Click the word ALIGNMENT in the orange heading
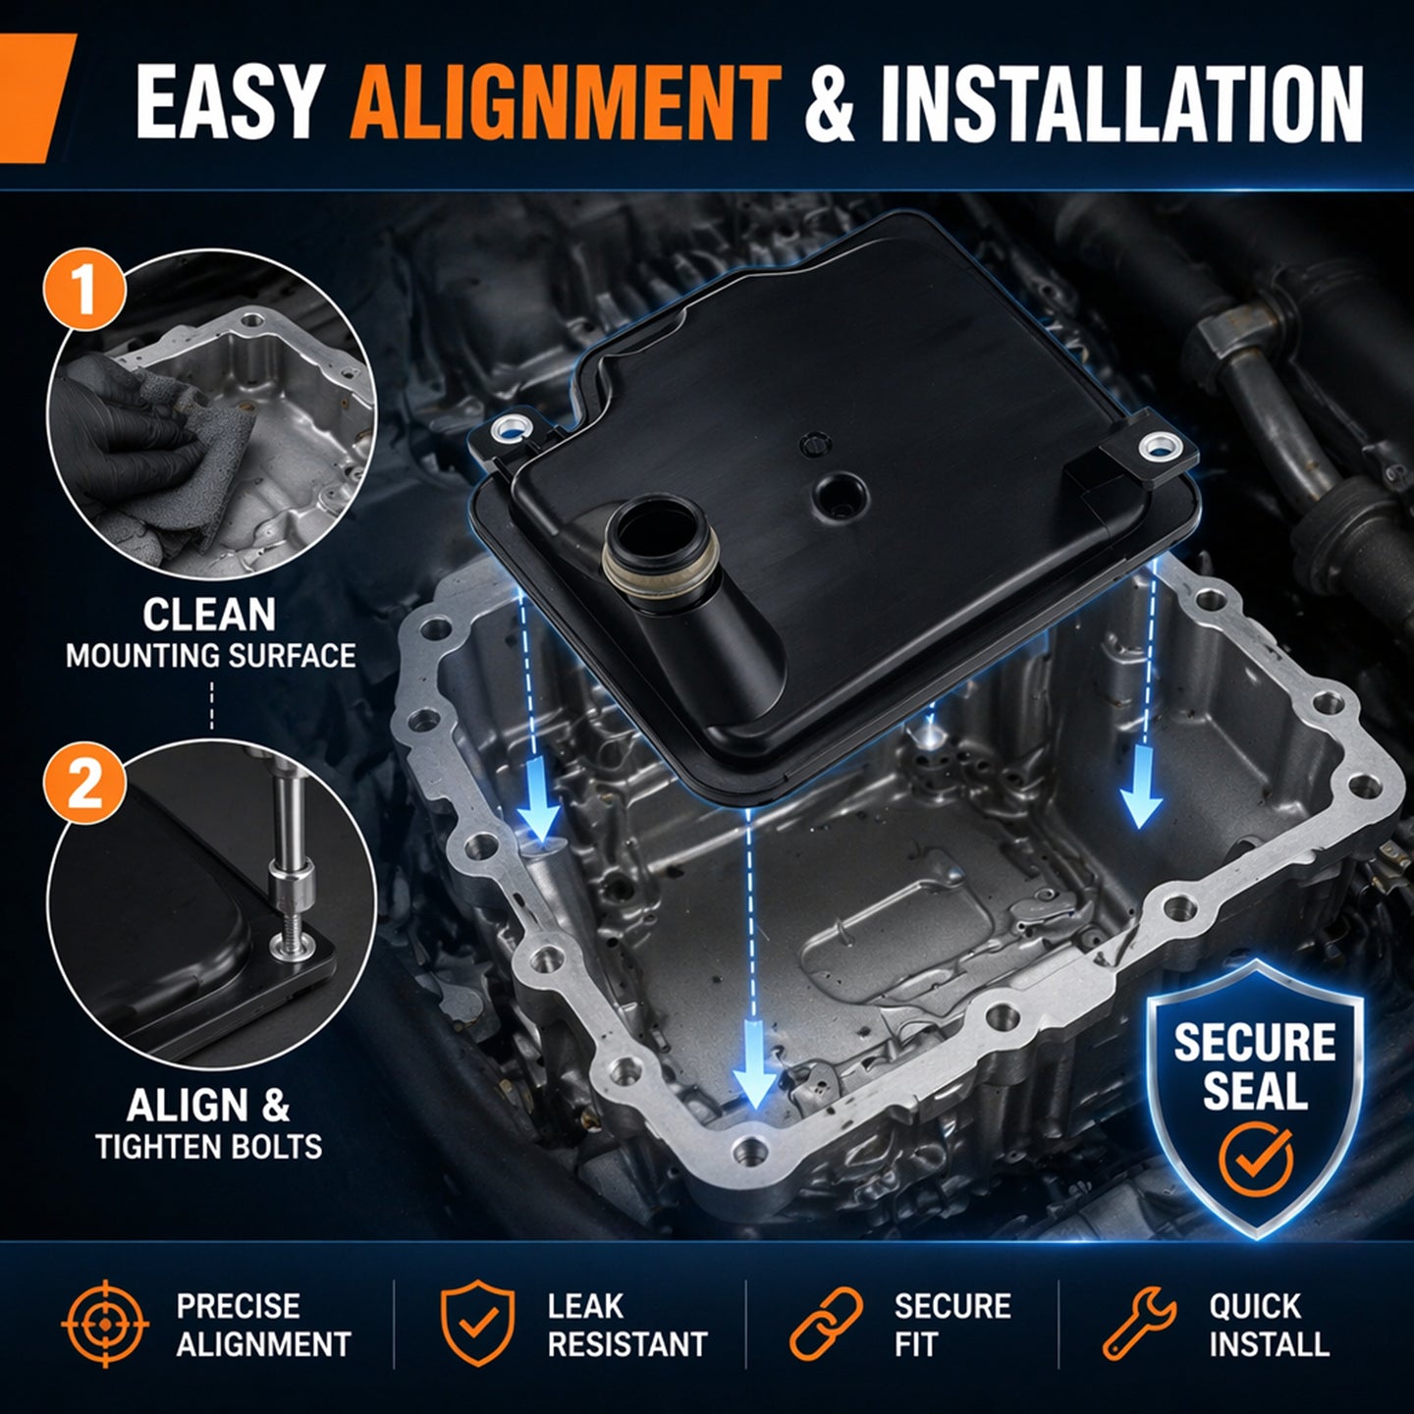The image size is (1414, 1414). pos(565,103)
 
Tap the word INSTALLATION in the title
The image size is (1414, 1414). pos(1122,103)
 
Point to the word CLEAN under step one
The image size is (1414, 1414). pos(209,615)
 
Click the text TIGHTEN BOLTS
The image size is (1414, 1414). pos(209,1147)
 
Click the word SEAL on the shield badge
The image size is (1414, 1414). pos(1256,1090)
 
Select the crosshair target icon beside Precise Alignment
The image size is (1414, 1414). pos(105,1326)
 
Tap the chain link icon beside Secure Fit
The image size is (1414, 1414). pos(826,1325)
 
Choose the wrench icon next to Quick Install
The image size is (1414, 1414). pos(1139,1325)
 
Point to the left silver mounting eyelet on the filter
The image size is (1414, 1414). pos(514,427)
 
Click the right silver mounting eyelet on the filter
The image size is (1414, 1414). pos(1157,445)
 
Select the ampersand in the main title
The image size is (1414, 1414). pos(830,103)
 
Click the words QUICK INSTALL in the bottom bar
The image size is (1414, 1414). pos(1269,1326)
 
